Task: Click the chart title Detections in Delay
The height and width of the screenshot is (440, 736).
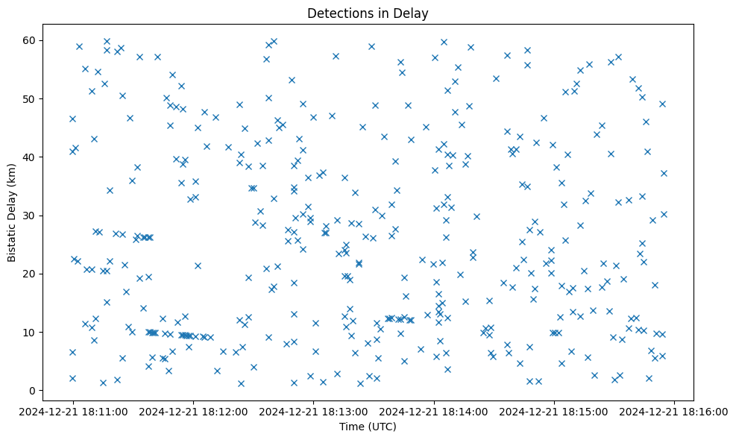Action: coord(368,13)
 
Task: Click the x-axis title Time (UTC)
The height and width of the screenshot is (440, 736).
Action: coord(368,427)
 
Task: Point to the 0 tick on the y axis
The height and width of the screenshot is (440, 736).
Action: coord(33,391)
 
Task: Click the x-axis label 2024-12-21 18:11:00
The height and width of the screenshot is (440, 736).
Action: coord(73,411)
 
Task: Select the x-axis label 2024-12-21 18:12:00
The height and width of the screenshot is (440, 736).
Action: coord(194,411)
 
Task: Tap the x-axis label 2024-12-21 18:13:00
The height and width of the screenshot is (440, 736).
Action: coord(314,411)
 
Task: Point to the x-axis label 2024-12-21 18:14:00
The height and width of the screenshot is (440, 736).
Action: coord(434,411)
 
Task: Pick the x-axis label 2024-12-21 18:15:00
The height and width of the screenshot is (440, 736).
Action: coord(554,411)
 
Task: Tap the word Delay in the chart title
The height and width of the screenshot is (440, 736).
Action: coord(413,13)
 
